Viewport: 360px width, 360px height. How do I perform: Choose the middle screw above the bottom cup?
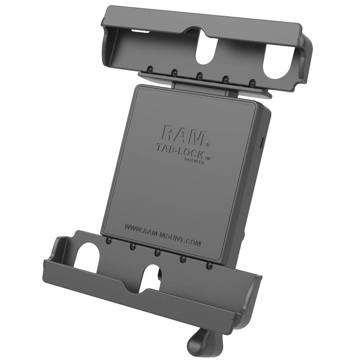click(157, 253)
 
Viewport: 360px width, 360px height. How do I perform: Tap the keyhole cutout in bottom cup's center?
click(154, 276)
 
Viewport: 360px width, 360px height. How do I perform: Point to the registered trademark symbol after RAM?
click(207, 145)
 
